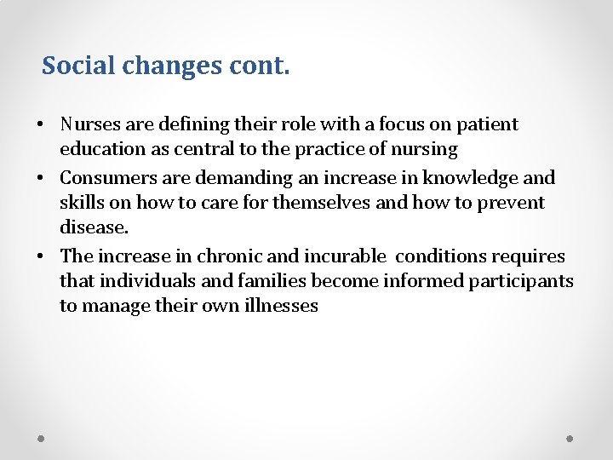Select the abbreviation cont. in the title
259,66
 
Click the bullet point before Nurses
41,125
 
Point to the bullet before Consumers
41,179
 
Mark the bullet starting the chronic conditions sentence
41,257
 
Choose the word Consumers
110,178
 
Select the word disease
94,228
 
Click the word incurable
339,256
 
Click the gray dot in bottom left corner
42,439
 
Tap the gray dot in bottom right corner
570,439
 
